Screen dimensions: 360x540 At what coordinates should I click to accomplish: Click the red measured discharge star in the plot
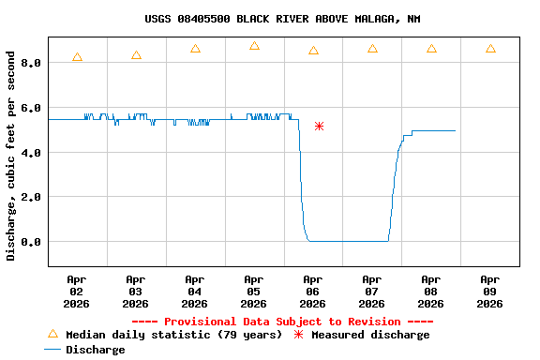319,126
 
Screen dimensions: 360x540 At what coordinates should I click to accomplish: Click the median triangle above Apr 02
77,57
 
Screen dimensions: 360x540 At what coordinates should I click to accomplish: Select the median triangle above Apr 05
254,46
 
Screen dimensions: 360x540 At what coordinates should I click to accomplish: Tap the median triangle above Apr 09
490,48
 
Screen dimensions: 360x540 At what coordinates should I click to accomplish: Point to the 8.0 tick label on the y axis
31,63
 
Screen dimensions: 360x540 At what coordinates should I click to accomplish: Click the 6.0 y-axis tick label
31,108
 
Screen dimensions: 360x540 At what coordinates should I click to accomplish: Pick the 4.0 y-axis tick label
31,152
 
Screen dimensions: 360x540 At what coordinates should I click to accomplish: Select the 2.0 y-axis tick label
31,197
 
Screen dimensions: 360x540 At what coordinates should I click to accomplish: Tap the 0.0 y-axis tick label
31,242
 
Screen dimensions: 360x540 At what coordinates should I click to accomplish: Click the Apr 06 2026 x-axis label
313,292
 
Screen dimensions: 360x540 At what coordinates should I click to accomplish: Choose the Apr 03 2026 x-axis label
136,292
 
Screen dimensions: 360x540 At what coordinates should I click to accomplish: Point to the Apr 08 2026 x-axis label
431,292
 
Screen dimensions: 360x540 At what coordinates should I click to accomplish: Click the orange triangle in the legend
52,334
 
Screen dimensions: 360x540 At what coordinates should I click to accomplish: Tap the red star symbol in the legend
299,335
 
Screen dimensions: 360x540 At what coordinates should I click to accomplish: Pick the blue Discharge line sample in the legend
52,350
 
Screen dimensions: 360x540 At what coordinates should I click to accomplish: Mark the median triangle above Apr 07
372,48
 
